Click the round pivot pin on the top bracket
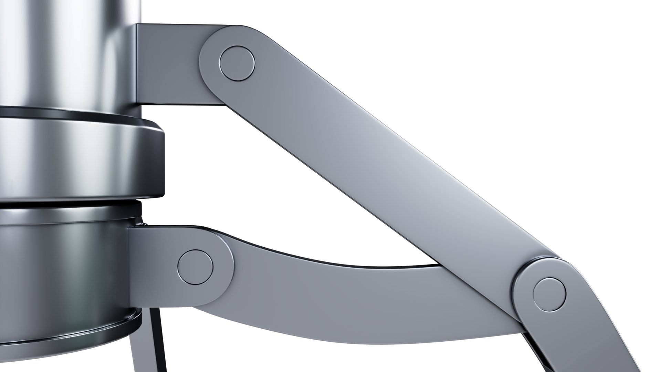[x=237, y=63]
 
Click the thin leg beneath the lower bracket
[x=151, y=344]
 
